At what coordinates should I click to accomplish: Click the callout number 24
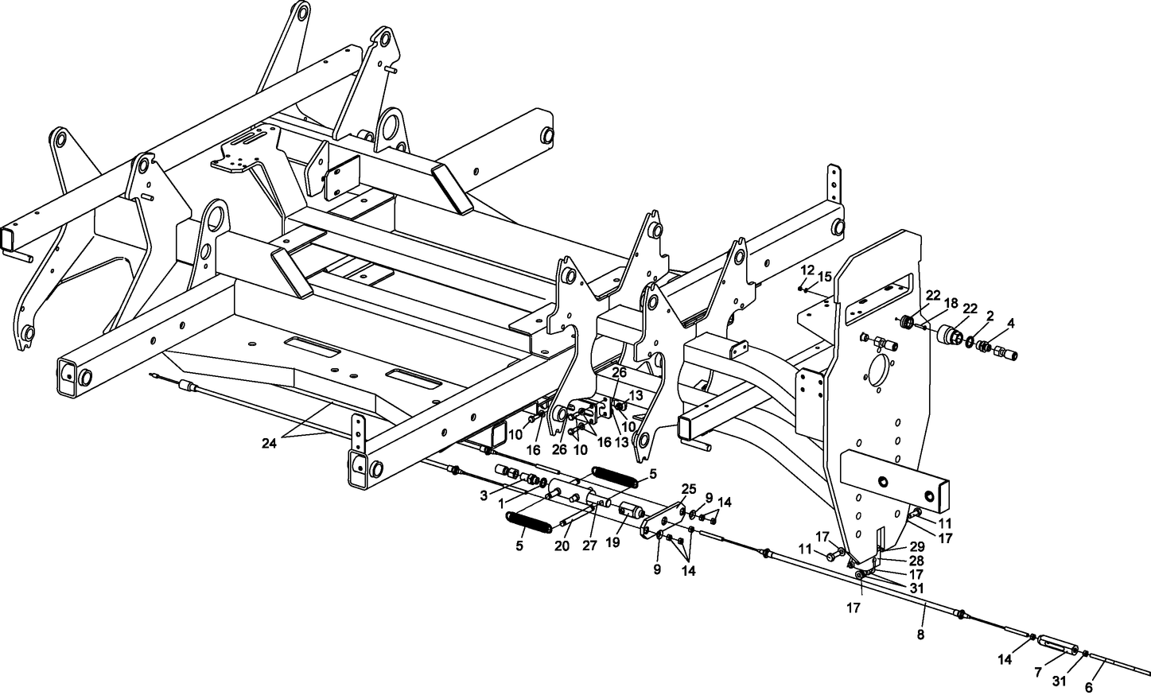pyautogui.click(x=269, y=444)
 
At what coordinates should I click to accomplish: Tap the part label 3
pyautogui.click(x=484, y=495)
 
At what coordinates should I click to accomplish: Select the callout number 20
pyautogui.click(x=562, y=546)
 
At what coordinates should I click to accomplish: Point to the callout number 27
pyautogui.click(x=589, y=546)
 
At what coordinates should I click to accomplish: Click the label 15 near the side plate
pyautogui.click(x=824, y=277)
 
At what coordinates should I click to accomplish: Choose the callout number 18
pyautogui.click(x=951, y=303)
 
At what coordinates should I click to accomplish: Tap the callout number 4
pyautogui.click(x=1011, y=323)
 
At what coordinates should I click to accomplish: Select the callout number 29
pyautogui.click(x=918, y=547)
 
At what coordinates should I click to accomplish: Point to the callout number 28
pyautogui.click(x=918, y=561)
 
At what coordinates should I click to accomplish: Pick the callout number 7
pyautogui.click(x=1038, y=673)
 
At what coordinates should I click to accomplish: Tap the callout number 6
pyautogui.click(x=1089, y=688)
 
